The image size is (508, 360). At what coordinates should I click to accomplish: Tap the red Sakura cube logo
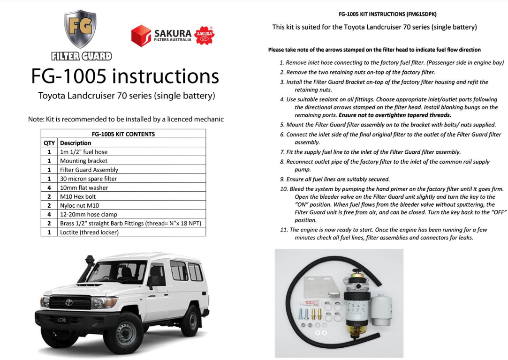(x=141, y=36)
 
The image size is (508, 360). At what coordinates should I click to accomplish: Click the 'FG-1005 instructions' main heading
(x=125, y=76)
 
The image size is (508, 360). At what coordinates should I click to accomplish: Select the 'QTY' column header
(x=49, y=143)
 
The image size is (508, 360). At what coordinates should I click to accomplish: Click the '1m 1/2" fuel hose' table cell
(x=83, y=152)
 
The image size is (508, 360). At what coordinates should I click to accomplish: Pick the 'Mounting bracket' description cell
(x=83, y=161)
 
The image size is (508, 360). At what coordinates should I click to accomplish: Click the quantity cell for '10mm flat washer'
(x=49, y=187)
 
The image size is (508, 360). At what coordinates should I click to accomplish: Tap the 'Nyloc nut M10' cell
(x=79, y=205)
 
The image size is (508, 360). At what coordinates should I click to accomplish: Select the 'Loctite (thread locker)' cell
(x=89, y=232)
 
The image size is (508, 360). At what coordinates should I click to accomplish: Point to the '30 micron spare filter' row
(x=88, y=179)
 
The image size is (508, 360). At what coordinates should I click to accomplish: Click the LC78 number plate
(x=62, y=320)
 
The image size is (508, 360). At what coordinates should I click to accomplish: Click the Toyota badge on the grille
(x=69, y=302)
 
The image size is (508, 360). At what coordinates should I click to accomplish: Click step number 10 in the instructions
(x=283, y=189)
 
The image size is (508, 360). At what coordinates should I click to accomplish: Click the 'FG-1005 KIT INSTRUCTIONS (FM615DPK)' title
(x=387, y=15)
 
